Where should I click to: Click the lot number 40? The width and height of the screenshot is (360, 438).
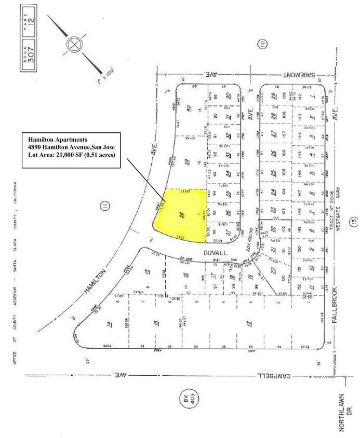[186, 108]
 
